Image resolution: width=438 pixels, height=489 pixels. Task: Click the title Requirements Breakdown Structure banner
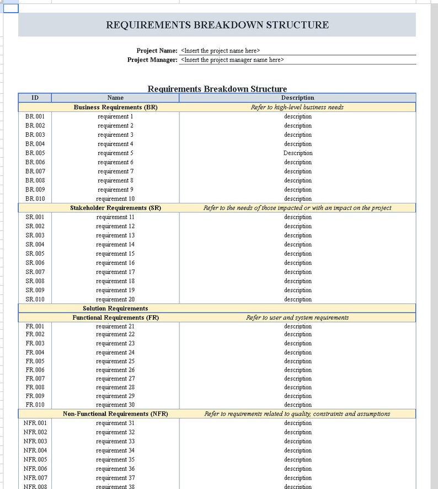217,25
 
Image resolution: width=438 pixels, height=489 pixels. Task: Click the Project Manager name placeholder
232,60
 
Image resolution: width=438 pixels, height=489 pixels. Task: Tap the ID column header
35,98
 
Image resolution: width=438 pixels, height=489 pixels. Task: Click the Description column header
297,98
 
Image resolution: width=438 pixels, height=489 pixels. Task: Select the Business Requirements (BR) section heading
115,108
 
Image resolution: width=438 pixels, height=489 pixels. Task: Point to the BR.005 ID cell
35,153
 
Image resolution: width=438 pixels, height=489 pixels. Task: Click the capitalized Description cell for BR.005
298,153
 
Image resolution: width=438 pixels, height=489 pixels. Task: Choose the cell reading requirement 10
115,199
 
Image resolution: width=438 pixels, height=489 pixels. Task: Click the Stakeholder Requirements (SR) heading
115,208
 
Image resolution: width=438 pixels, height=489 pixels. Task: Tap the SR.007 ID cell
35,272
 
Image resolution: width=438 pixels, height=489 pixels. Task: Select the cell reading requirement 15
115,254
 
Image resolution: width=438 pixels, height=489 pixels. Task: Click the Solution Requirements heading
115,309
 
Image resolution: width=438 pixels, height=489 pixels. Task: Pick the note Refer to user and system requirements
297,318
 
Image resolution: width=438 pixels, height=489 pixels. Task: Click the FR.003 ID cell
35,343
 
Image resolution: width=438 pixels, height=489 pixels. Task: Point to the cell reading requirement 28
115,388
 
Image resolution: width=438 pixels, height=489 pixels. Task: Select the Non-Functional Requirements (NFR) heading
115,414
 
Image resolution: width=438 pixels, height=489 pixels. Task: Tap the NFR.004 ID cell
35,451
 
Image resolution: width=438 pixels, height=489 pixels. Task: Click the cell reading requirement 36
115,469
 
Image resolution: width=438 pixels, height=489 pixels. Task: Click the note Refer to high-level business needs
297,108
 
